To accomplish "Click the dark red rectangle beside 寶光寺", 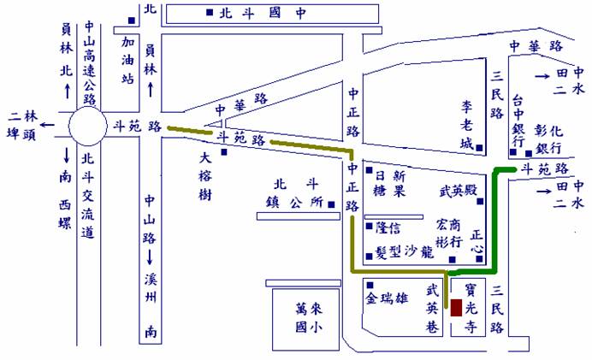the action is point(456,308).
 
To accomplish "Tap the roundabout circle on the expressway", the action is point(87,126).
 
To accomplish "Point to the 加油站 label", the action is point(127,60).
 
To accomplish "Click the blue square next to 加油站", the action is point(132,21).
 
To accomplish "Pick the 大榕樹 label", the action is point(205,176).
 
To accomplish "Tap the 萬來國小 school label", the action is point(309,318).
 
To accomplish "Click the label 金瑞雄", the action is point(387,298).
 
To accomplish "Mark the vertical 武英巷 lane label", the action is point(433,309).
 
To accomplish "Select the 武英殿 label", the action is point(459,191).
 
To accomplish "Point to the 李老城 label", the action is point(466,125).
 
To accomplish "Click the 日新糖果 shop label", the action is point(389,183).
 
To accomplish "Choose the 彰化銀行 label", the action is point(549,139).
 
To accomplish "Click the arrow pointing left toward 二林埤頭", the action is point(47,125).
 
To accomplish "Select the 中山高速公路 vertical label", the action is point(90,63).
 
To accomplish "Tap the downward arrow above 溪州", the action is point(150,257).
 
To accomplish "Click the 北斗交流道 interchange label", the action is point(87,196).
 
